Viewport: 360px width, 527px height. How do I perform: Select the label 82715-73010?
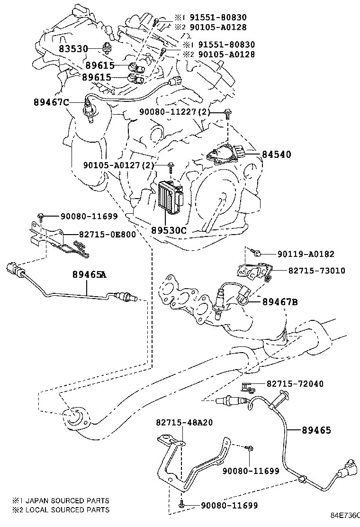pyautogui.click(x=316, y=271)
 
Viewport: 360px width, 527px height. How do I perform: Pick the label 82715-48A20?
pyautogui.click(x=184, y=422)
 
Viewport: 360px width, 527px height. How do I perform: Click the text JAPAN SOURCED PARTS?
pyautogui.click(x=66, y=500)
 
